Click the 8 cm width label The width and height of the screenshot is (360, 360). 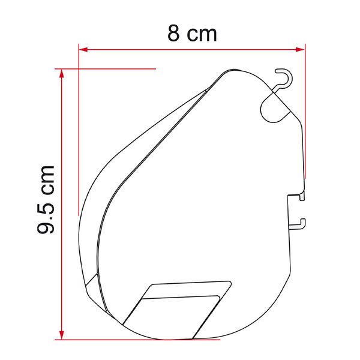click(x=192, y=34)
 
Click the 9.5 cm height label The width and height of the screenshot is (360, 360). click(x=46, y=199)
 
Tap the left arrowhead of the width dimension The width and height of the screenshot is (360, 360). click(x=83, y=49)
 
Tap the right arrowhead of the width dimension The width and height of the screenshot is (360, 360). click(x=301, y=49)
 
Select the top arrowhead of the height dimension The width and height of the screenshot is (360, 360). click(x=62, y=73)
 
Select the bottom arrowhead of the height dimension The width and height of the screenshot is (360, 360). click(x=62, y=335)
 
